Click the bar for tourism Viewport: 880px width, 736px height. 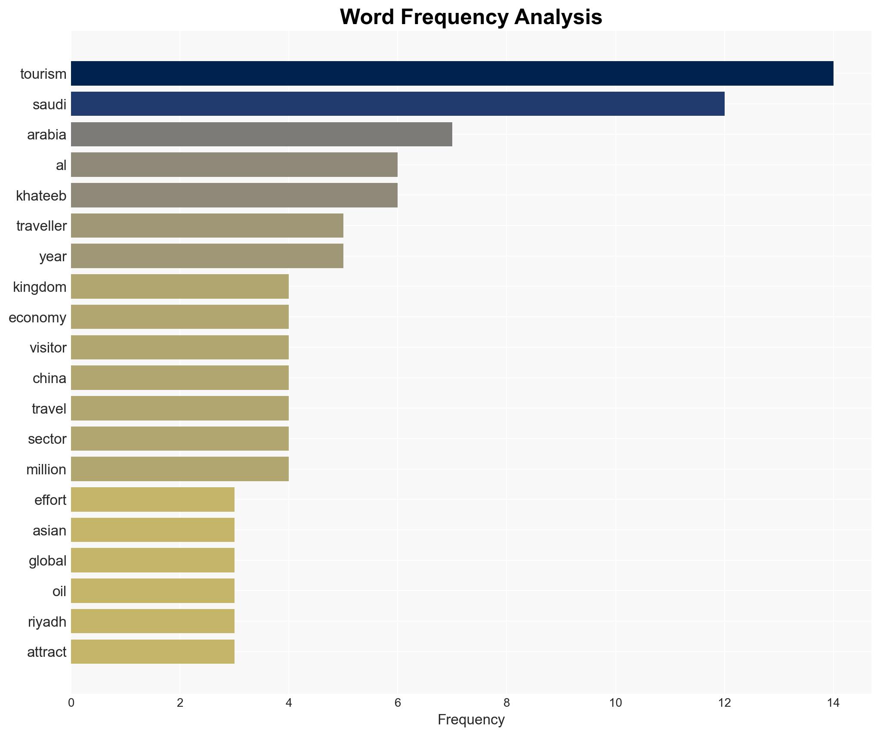452,74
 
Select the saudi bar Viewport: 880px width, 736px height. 398,104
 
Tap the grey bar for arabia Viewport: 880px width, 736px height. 262,134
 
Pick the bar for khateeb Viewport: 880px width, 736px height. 234,195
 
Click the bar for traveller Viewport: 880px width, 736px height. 207,226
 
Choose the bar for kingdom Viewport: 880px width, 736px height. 180,287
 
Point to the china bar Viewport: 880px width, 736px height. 180,378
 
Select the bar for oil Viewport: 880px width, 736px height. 153,591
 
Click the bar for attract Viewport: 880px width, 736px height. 153,652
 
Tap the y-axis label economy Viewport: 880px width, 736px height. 37,318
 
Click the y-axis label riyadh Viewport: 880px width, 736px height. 47,622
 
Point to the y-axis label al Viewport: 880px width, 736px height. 61,165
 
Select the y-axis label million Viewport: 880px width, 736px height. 46,470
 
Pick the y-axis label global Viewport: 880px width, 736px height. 47,561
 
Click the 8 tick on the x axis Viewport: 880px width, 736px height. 506,703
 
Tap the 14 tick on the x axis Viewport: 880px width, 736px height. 833,703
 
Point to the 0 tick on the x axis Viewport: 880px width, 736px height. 71,703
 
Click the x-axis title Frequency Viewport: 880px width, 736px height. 471,720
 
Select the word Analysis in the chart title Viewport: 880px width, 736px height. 558,17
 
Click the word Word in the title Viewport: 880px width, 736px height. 367,17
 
